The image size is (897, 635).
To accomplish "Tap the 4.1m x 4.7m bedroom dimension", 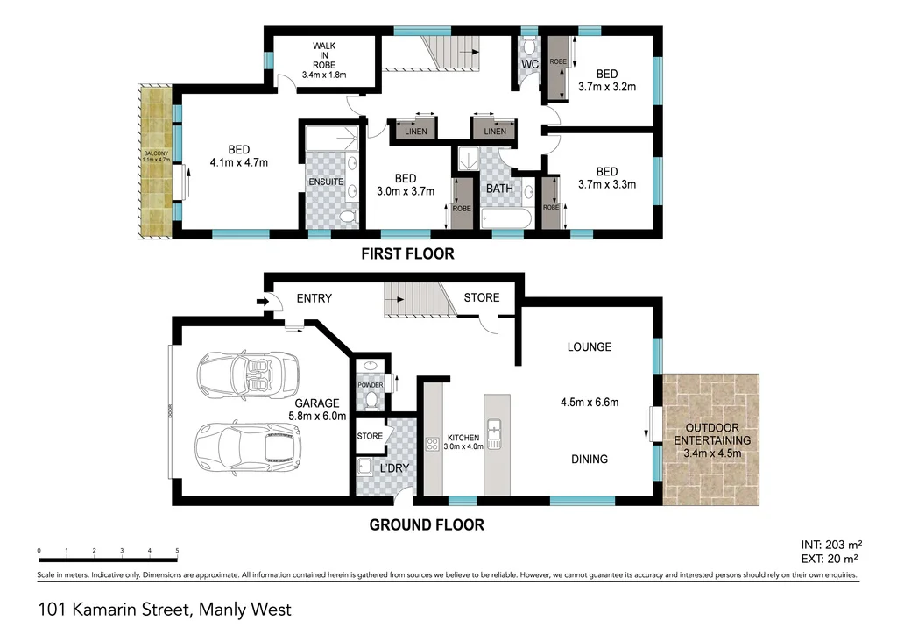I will (x=238, y=162).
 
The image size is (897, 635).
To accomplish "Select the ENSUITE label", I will (x=325, y=182).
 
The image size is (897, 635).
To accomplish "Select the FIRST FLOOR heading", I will (x=408, y=254).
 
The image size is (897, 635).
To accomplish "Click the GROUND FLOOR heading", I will (x=426, y=525).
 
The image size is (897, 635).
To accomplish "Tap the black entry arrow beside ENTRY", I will (x=262, y=302).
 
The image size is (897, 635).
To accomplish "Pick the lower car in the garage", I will (x=246, y=446).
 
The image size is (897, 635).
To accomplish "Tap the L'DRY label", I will (x=394, y=468).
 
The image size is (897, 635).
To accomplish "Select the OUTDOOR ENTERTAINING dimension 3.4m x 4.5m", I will (x=711, y=453).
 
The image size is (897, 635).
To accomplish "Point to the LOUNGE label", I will (x=589, y=347).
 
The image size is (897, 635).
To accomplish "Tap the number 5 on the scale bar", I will (x=177, y=550).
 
